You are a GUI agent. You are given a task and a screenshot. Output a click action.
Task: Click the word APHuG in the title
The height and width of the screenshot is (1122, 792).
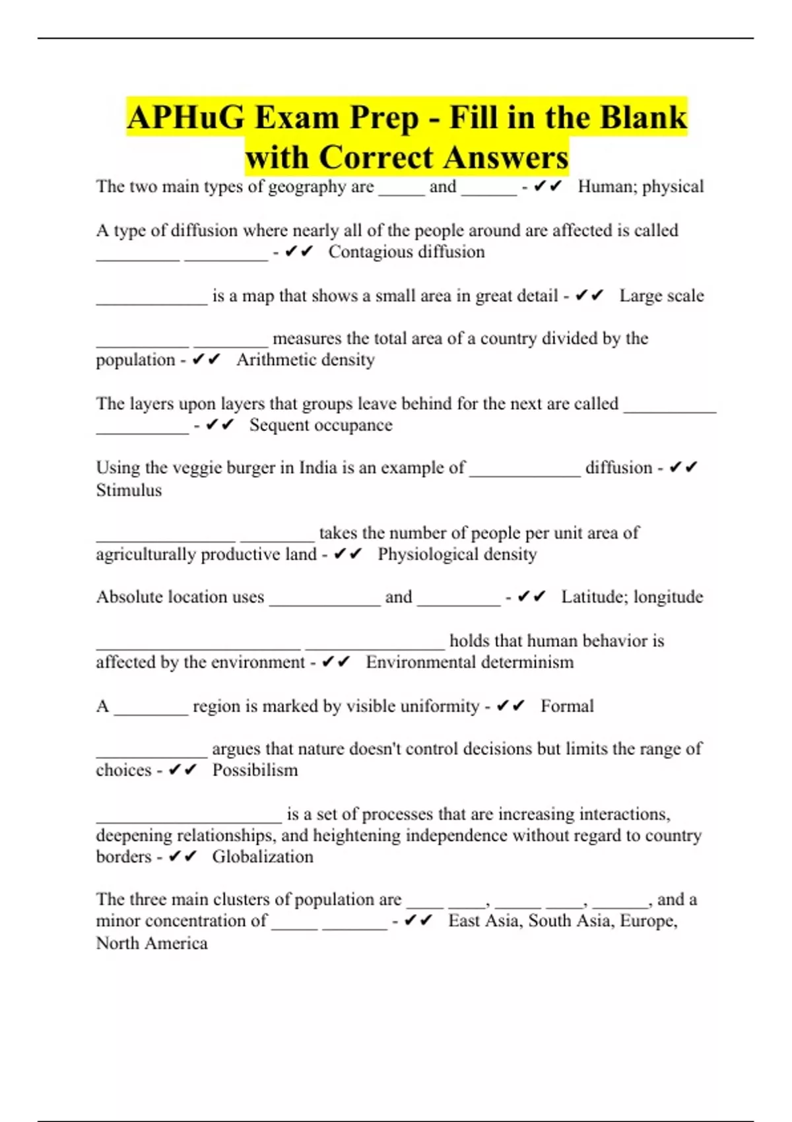[x=185, y=117]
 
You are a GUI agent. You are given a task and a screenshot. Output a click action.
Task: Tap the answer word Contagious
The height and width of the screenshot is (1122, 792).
[x=373, y=252]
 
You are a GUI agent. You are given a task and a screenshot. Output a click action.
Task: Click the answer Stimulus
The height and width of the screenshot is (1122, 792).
[x=129, y=490]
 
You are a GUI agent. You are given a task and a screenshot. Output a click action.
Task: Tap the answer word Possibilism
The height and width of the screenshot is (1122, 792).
[x=255, y=770]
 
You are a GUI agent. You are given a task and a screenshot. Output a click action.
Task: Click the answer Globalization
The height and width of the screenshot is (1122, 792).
[x=263, y=857]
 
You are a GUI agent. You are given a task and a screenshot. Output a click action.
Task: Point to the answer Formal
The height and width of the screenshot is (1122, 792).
[x=567, y=706]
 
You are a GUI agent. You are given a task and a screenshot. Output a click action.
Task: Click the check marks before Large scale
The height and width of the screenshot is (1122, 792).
[x=589, y=296]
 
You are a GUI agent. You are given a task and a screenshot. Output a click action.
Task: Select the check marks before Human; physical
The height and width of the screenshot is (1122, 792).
[x=548, y=187]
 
